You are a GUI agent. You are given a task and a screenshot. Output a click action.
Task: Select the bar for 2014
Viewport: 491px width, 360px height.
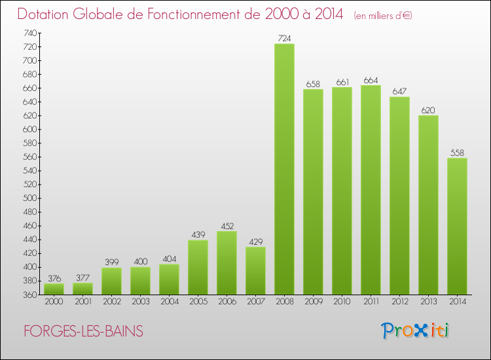[457, 226]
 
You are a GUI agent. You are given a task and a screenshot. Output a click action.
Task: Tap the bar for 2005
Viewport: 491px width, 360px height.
[198, 267]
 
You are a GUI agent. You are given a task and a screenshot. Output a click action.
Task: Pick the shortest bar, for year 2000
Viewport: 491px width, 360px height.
[54, 289]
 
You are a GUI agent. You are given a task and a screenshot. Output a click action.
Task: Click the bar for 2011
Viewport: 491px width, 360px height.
[371, 190]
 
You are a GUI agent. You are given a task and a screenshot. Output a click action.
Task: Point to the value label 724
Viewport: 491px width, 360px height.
[284, 39]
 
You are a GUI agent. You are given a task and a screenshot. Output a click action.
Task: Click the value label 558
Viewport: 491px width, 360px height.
[457, 153]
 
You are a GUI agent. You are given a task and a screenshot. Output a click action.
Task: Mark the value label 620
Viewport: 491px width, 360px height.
[428, 110]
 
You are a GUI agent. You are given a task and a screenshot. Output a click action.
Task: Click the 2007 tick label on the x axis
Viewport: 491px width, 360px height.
[255, 302]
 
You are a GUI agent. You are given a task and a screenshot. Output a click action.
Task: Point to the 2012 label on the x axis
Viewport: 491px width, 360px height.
[399, 302]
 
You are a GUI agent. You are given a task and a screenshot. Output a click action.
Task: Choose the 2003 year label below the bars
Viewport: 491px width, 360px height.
[140, 302]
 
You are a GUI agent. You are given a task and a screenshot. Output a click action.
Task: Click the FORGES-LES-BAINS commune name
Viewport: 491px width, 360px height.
[83, 331]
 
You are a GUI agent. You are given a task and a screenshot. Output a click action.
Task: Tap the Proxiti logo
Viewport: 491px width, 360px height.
[414, 331]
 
